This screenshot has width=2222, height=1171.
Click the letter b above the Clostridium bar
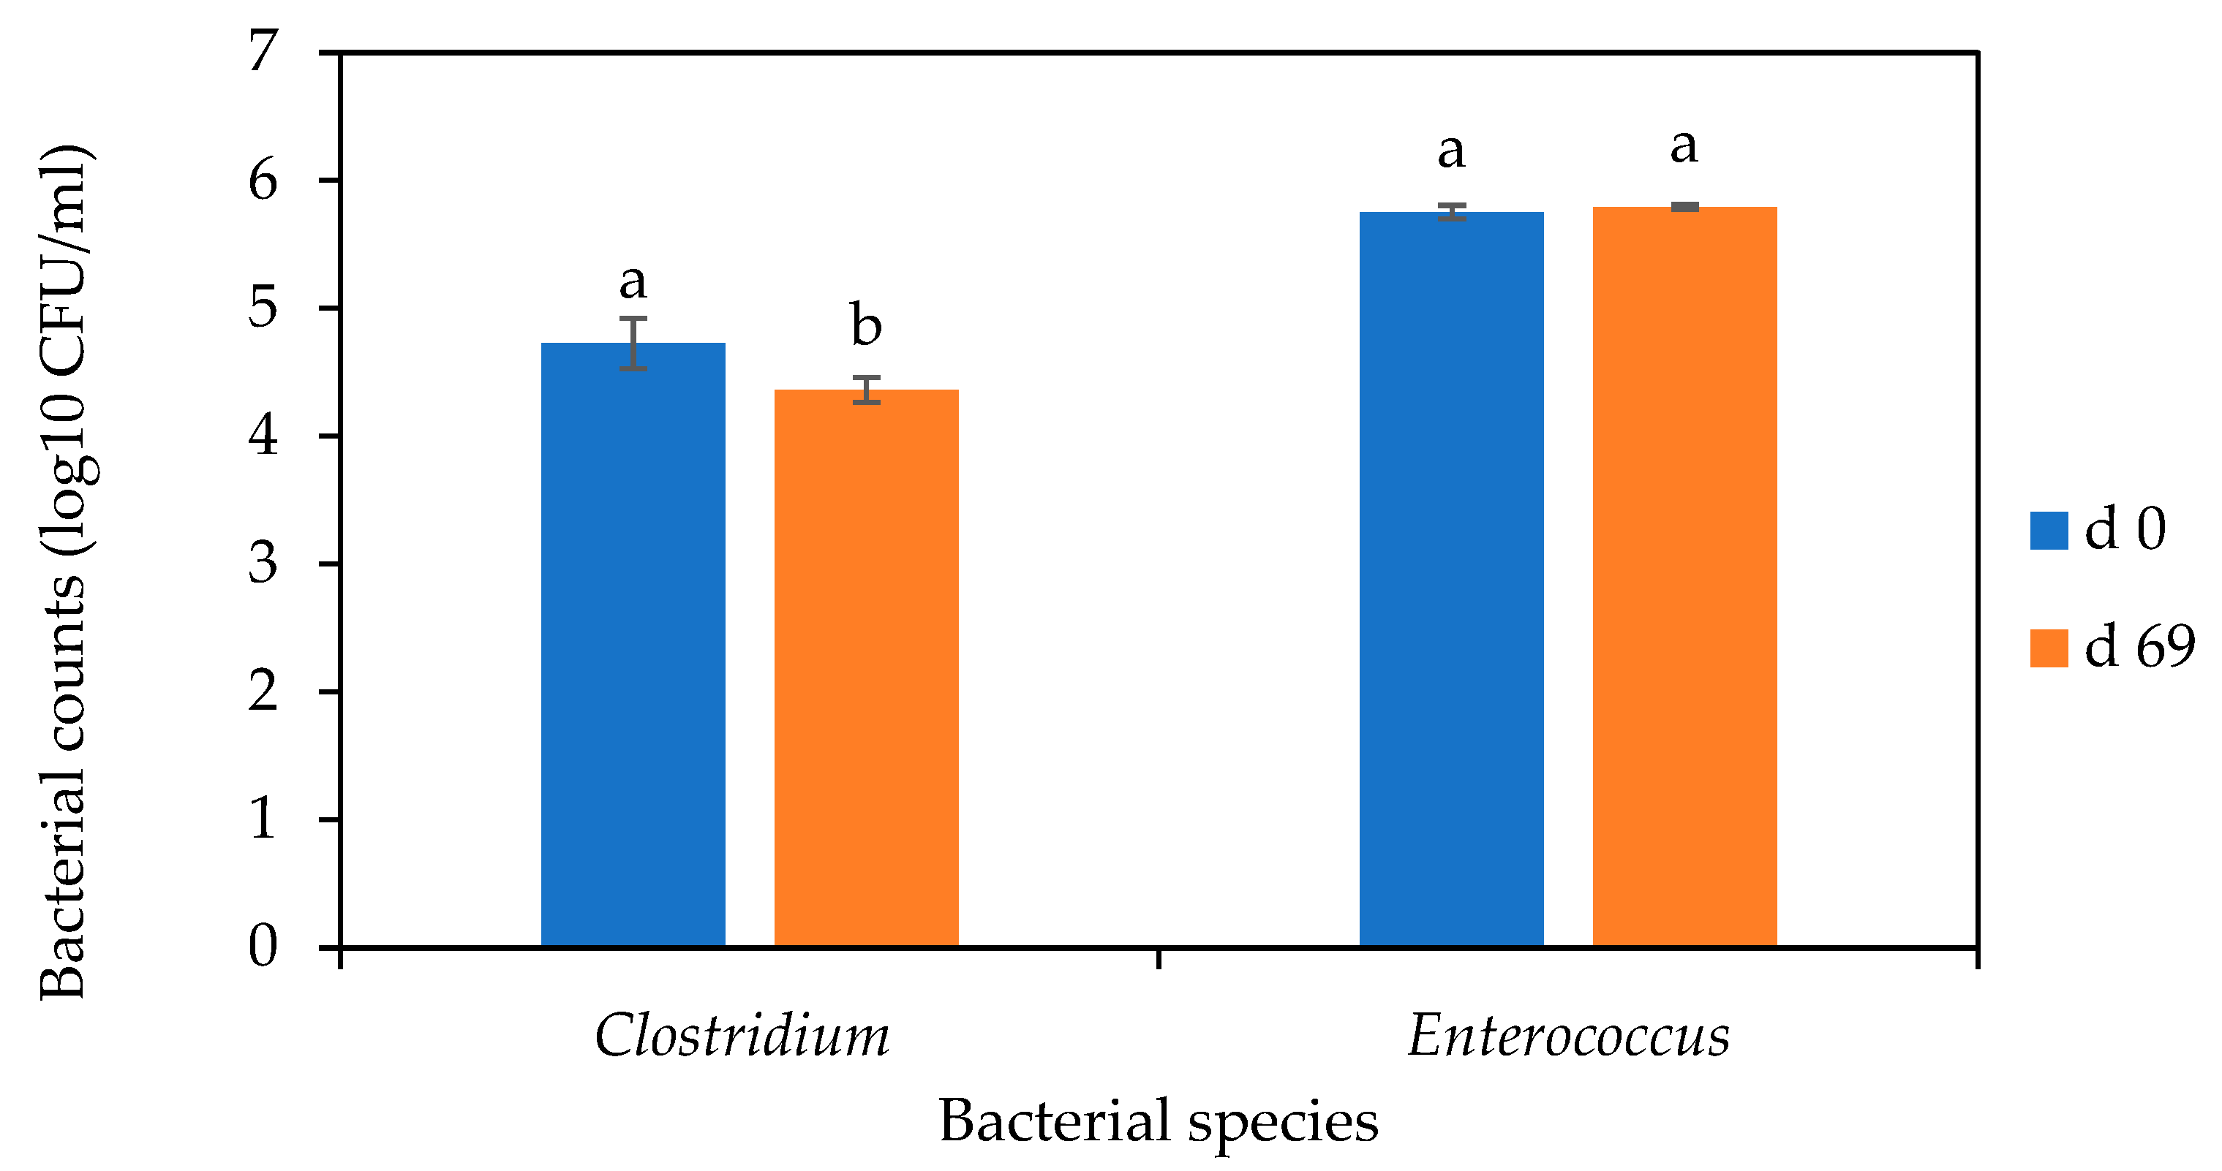(866, 325)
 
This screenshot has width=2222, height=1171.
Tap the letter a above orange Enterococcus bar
(1684, 147)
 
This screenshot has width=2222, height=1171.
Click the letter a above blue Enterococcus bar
(1451, 152)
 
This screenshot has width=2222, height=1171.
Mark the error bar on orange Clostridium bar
(866, 390)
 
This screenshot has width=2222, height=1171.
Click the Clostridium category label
(742, 1036)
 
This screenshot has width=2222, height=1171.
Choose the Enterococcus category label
(1568, 1036)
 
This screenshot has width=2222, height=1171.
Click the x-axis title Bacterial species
(1158, 1121)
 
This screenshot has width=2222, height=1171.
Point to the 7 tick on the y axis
(263, 52)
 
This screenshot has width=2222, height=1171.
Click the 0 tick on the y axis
(263, 946)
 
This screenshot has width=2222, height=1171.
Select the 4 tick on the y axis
(263, 436)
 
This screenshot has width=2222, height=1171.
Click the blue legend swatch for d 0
(2049, 531)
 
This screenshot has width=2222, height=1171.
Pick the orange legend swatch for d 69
(2049, 648)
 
